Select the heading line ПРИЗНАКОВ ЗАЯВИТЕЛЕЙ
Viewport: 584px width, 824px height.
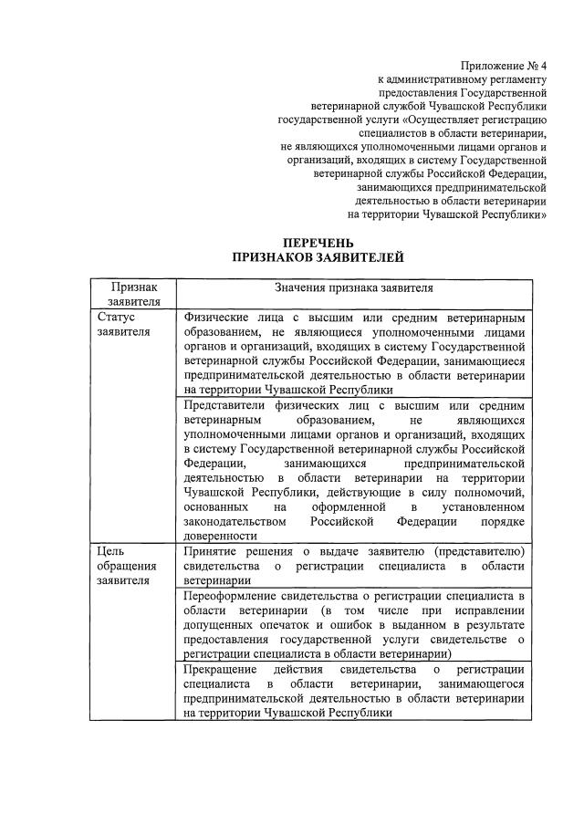click(x=318, y=258)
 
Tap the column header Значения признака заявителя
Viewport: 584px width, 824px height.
click(x=353, y=287)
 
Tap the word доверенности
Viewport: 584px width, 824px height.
click(x=220, y=536)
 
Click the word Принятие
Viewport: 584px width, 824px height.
click(x=211, y=550)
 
